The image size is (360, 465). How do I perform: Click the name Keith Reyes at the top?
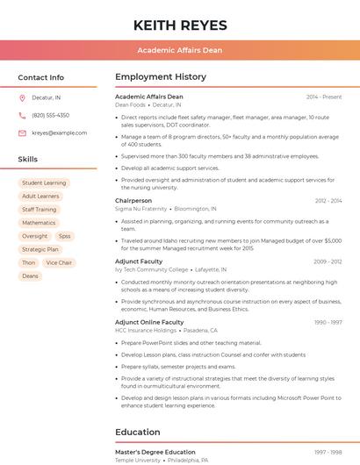[180, 25]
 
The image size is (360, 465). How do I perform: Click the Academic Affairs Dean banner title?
[180, 50]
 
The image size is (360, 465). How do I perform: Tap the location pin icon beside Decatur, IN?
[22, 97]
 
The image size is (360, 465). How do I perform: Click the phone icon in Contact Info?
[22, 115]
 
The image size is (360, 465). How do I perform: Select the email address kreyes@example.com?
[59, 132]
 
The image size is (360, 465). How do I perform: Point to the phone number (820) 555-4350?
[50, 115]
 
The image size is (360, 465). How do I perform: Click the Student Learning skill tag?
[44, 183]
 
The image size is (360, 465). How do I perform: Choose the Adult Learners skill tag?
[40, 197]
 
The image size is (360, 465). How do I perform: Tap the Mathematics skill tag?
[39, 223]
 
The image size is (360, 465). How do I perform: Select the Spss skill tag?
[64, 236]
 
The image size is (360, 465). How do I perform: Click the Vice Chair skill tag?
[59, 262]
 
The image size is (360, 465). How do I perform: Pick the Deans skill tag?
[30, 275]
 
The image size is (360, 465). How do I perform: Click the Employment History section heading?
[161, 77]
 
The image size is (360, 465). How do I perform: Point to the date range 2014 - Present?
[324, 97]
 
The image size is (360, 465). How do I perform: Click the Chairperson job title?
[133, 201]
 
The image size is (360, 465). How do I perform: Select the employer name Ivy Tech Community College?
[152, 269]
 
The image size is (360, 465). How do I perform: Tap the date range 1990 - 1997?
[328, 322]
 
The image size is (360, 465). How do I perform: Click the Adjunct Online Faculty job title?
[149, 322]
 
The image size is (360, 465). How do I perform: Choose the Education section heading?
[138, 433]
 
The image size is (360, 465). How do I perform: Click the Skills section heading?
[28, 160]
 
